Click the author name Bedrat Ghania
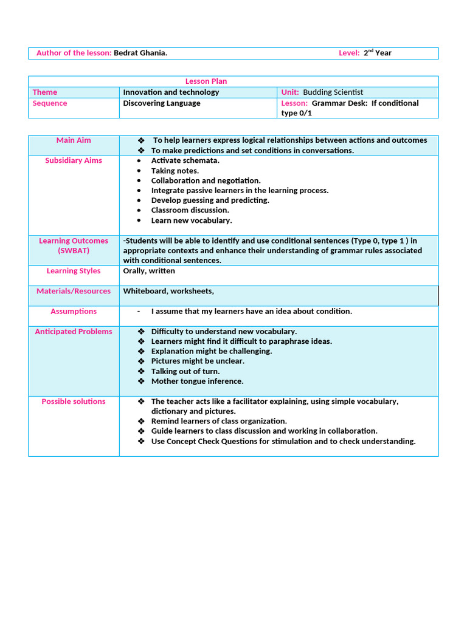click(140, 53)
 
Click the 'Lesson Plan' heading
click(206, 81)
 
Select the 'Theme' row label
click(45, 92)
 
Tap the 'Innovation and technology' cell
click(171, 92)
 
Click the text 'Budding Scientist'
click(333, 92)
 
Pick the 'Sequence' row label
click(50, 103)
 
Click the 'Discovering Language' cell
click(162, 103)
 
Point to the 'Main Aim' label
click(74, 140)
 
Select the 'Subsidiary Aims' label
click(74, 160)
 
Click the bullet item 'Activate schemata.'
click(185, 160)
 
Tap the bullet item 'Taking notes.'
click(175, 171)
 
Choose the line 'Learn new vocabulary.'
click(192, 220)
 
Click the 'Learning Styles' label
click(74, 271)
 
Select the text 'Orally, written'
click(149, 271)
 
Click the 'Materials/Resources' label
click(74, 291)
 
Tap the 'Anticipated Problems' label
click(74, 332)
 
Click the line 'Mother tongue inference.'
click(197, 381)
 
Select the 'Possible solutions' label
click(74, 402)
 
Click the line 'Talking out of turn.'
click(185, 371)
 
